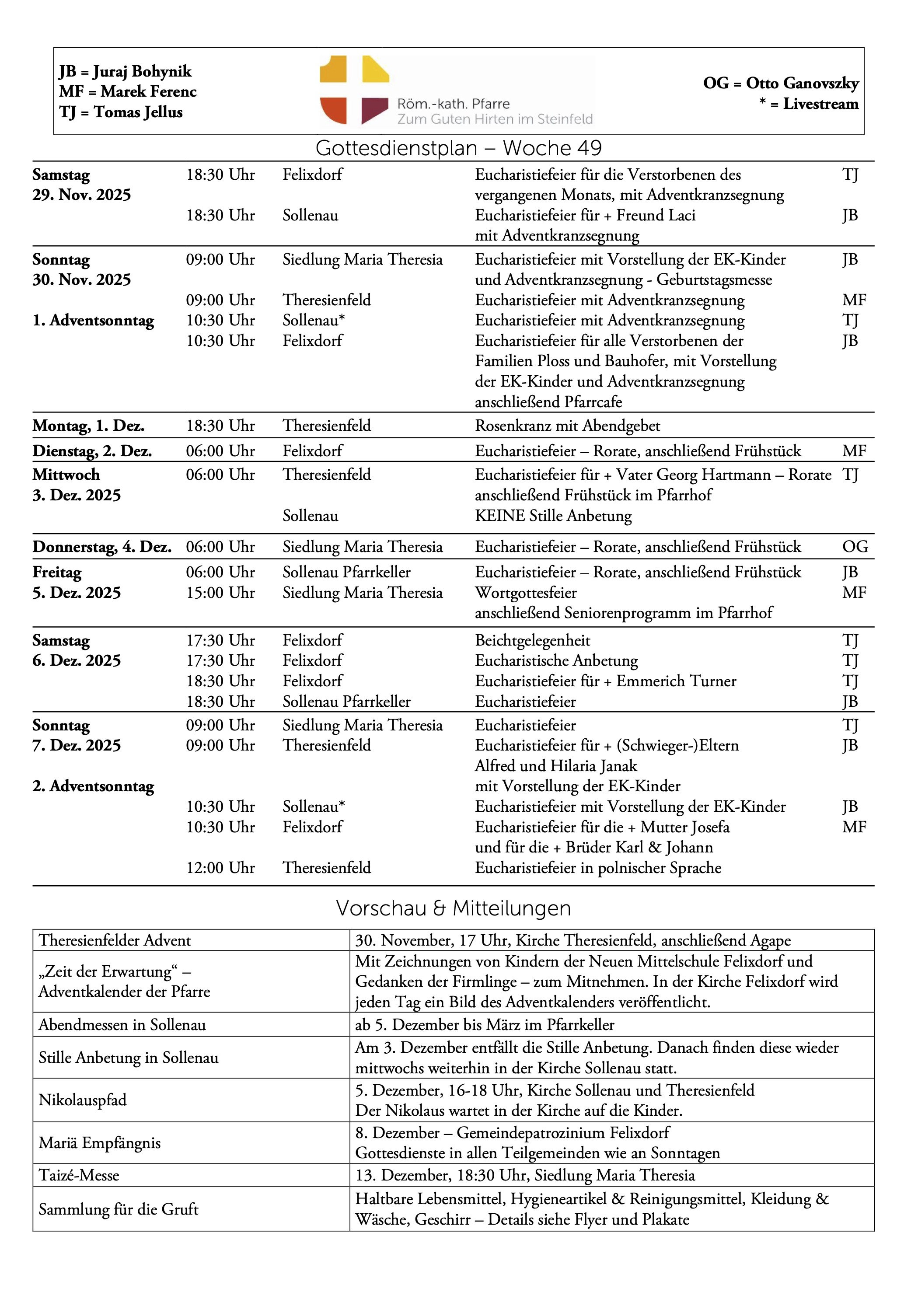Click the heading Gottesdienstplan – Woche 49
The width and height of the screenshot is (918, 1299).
(458, 148)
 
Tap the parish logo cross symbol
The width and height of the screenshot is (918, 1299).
(354, 90)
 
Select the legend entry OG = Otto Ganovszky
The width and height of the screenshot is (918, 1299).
(781, 83)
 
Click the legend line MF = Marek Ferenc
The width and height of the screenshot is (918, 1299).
(128, 92)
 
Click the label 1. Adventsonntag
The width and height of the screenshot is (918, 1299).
(93, 321)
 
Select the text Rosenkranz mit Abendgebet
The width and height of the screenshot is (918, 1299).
(567, 426)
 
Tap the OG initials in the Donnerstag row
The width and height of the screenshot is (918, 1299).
(855, 547)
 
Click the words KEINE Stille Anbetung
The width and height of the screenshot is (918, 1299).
(553, 516)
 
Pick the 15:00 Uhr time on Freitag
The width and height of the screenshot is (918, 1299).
(220, 593)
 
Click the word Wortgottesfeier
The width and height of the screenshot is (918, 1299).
(525, 593)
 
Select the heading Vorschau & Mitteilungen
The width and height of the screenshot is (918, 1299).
(453, 908)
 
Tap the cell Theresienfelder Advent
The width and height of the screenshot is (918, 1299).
(115, 940)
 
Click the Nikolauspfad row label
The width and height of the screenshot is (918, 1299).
(83, 1100)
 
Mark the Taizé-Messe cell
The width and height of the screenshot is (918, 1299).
(79, 1175)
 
